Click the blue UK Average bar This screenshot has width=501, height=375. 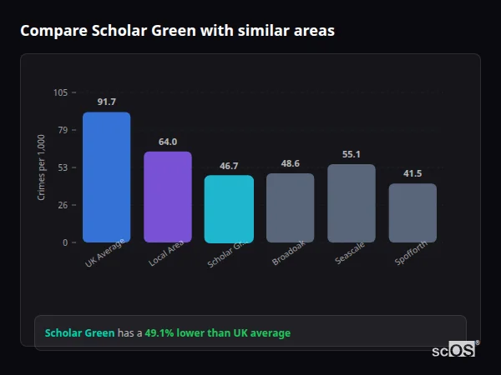pos(106,177)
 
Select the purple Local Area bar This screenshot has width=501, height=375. pos(168,197)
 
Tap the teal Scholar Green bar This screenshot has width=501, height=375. pos(229,208)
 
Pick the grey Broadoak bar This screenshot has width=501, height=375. pos(291,207)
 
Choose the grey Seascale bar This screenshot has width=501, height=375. pos(352,202)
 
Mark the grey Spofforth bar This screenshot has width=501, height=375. pos(412,212)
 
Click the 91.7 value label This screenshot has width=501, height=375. pos(106,102)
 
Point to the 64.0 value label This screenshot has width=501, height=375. pos(168,142)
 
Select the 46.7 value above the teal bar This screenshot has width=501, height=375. pos(229,166)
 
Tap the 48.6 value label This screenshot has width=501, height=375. pos(291,163)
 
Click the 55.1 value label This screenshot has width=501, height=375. pos(352,154)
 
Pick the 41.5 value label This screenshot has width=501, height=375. pos(412,173)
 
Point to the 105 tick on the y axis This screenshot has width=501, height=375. pos(60,92)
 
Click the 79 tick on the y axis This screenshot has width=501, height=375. pos(63,130)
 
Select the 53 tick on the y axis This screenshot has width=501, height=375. pos(63,167)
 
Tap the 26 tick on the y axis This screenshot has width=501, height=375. pos(63,205)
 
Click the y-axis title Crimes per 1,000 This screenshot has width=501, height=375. pos(41,167)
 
